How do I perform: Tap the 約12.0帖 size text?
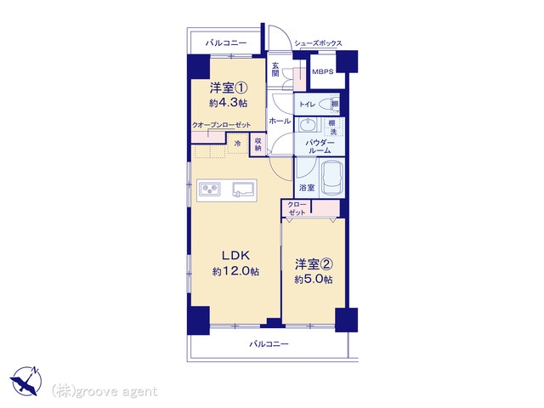pos(236,271)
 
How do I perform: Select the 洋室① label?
pos(229,87)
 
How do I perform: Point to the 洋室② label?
pos(314,263)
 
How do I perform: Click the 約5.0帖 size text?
pos(314,280)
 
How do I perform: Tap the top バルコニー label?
pos(226,42)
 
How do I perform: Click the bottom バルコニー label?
pos(269,344)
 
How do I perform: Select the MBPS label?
pos(323,72)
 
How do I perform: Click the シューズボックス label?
pos(319,42)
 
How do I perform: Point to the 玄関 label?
pos(275,70)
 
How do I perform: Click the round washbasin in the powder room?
pos(307,125)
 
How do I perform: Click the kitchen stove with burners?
pos(210,189)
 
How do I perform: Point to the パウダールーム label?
pos(320,145)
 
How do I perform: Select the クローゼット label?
pos(297,208)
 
